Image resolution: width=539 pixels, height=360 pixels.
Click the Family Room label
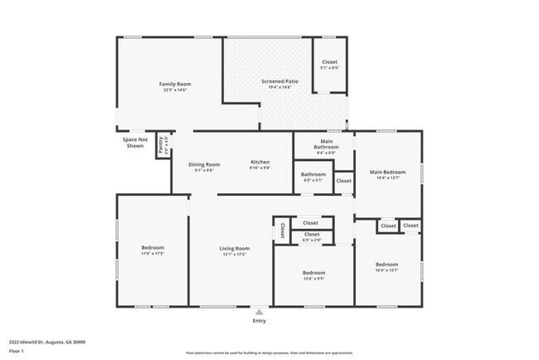[176, 84]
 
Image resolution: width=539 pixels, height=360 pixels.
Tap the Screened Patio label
[277, 82]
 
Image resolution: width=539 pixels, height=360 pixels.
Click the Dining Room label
[204, 163]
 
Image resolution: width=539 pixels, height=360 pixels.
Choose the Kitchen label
[260, 162]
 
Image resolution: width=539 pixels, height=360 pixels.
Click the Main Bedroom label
[387, 173]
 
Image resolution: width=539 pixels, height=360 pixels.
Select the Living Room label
[234, 248]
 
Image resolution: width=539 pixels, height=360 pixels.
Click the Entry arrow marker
[260, 312]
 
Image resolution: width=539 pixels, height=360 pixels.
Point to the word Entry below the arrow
[260, 321]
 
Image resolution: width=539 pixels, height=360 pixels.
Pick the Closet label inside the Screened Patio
[329, 62]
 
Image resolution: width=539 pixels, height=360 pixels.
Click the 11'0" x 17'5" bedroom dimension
[153, 254]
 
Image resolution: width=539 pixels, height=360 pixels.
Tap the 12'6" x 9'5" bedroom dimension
[313, 279]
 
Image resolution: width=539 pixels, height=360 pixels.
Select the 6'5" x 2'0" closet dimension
[312, 241]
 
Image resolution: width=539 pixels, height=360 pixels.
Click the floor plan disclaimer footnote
[269, 353]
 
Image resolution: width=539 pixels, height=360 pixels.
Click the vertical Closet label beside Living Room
[283, 231]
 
